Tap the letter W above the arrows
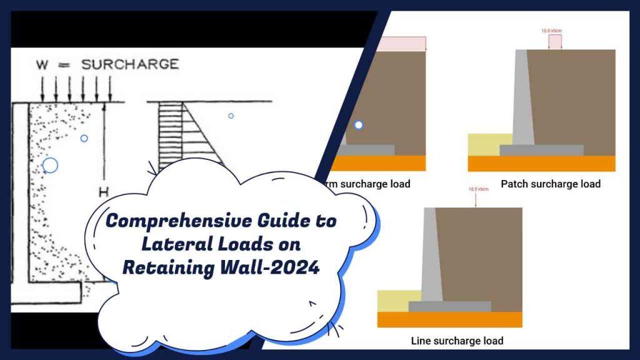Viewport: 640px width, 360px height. point(41,64)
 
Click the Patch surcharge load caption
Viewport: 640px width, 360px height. point(550,184)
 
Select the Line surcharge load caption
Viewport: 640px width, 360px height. point(457,341)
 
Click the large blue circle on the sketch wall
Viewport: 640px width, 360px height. point(50,165)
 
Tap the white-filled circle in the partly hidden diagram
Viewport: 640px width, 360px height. point(358,125)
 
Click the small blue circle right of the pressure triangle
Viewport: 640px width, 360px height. point(231,116)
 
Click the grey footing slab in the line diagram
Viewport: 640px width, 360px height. point(449,306)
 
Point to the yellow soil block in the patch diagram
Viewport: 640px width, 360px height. point(482,144)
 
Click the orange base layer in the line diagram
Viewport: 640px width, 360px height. point(449,319)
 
